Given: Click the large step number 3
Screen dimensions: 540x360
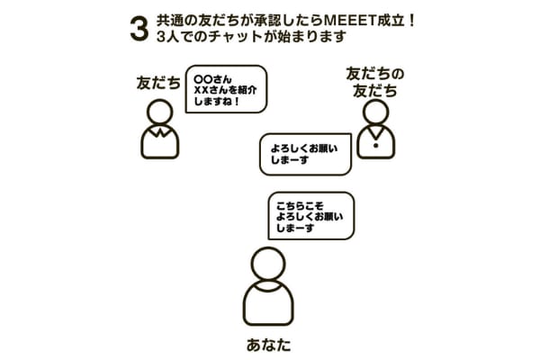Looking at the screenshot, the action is click(139, 29).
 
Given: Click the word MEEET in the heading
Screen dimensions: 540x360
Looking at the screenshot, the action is click(350, 21).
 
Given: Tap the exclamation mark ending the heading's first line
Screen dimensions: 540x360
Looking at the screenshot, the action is click(411, 21).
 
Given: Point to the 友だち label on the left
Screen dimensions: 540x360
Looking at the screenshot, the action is click(158, 83).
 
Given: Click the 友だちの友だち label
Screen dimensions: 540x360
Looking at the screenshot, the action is click(375, 82).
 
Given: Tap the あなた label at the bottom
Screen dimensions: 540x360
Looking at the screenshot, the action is click(268, 345).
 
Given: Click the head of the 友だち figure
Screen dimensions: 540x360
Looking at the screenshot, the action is click(160, 112).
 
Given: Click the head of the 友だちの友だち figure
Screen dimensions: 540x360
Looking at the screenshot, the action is click(375, 112).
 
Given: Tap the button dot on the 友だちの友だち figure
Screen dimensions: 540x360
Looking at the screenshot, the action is click(375, 146).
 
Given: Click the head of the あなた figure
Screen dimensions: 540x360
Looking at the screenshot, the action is click(268, 264).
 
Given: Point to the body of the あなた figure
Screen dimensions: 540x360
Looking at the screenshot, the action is click(268, 303).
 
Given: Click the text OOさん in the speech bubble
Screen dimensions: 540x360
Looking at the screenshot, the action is click(212, 79).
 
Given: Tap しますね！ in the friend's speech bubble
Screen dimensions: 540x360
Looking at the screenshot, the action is click(217, 102).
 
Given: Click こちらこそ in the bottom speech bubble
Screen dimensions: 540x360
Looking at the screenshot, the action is click(300, 206).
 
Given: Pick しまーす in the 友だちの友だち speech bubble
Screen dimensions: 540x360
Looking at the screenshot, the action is click(289, 160).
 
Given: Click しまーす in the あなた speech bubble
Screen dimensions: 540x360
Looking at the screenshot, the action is click(295, 228).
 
